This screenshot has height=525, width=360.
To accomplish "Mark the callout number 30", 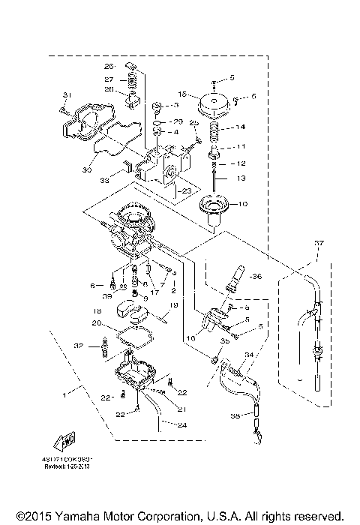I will [88, 170].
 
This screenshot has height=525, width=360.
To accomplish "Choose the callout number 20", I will [96, 323].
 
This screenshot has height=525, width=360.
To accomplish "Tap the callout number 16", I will [188, 339].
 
